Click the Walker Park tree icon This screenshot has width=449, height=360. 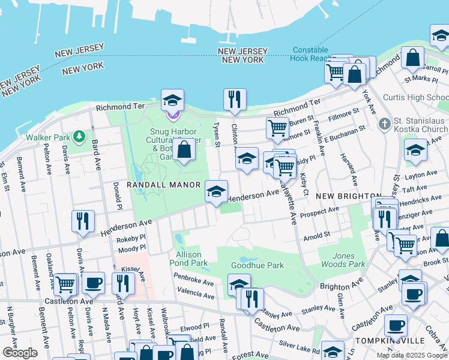(x=80, y=137)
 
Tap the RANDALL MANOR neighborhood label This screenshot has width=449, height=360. (x=154, y=185)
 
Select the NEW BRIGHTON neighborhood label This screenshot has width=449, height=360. (x=349, y=196)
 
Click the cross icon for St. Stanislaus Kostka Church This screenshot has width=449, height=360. (x=385, y=124)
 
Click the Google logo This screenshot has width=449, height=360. (x=20, y=352)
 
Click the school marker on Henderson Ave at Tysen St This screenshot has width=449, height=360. (x=216, y=191)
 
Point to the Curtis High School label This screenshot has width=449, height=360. (x=424, y=97)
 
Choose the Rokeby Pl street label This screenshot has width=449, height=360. (x=128, y=239)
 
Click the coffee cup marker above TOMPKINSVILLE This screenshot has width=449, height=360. (x=394, y=326)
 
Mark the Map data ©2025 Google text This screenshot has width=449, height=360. (x=411, y=355)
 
